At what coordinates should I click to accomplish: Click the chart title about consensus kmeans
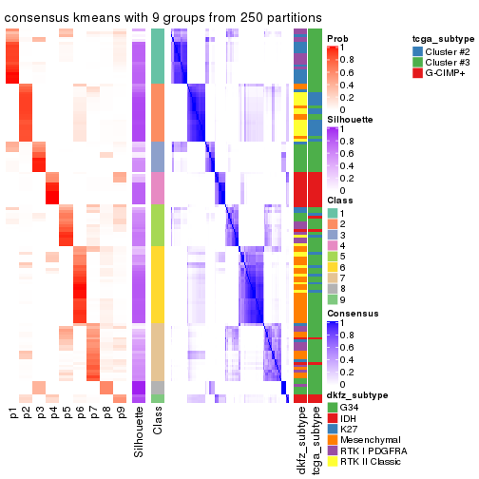163,17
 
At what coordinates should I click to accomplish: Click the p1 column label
13,413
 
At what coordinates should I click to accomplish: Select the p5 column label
67,413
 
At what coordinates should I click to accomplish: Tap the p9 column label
120,413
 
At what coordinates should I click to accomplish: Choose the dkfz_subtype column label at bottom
301,438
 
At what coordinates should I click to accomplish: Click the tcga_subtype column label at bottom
315,438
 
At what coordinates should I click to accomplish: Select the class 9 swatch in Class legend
333,299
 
